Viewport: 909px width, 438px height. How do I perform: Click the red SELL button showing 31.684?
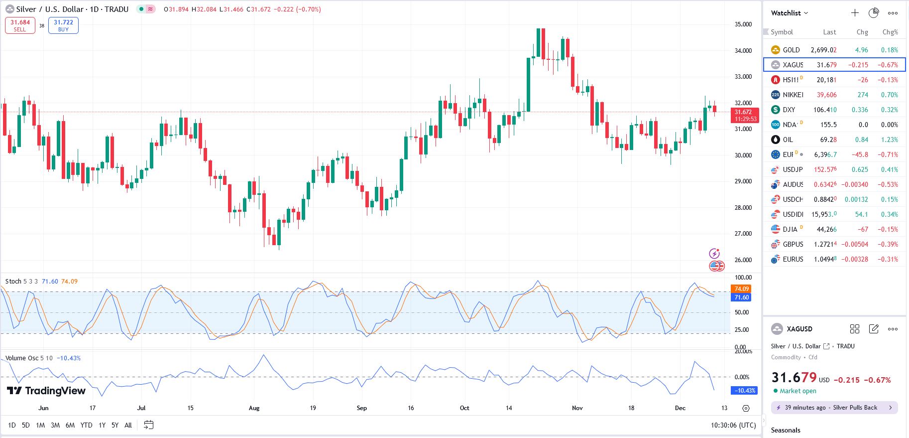pyautogui.click(x=20, y=25)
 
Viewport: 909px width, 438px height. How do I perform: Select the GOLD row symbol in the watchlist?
pyautogui.click(x=791, y=50)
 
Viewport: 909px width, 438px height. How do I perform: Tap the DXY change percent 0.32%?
pyautogui.click(x=889, y=110)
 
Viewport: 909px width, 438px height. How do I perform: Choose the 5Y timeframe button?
pyautogui.click(x=115, y=425)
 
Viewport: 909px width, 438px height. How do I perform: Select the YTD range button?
pyautogui.click(x=86, y=425)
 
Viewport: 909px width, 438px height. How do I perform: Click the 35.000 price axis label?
pyautogui.click(x=743, y=24)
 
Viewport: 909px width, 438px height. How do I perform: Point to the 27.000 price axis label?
pyautogui.click(x=743, y=234)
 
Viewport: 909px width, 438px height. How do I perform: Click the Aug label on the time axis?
pyautogui.click(x=254, y=408)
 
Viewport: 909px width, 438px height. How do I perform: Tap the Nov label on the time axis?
pyautogui.click(x=577, y=408)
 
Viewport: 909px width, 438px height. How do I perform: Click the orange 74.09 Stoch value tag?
pyautogui.click(x=741, y=289)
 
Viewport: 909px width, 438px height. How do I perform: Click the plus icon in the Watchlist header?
pyautogui.click(x=855, y=13)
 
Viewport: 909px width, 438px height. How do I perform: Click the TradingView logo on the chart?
pyautogui.click(x=46, y=391)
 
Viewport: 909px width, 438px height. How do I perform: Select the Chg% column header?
pyautogui.click(x=890, y=32)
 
